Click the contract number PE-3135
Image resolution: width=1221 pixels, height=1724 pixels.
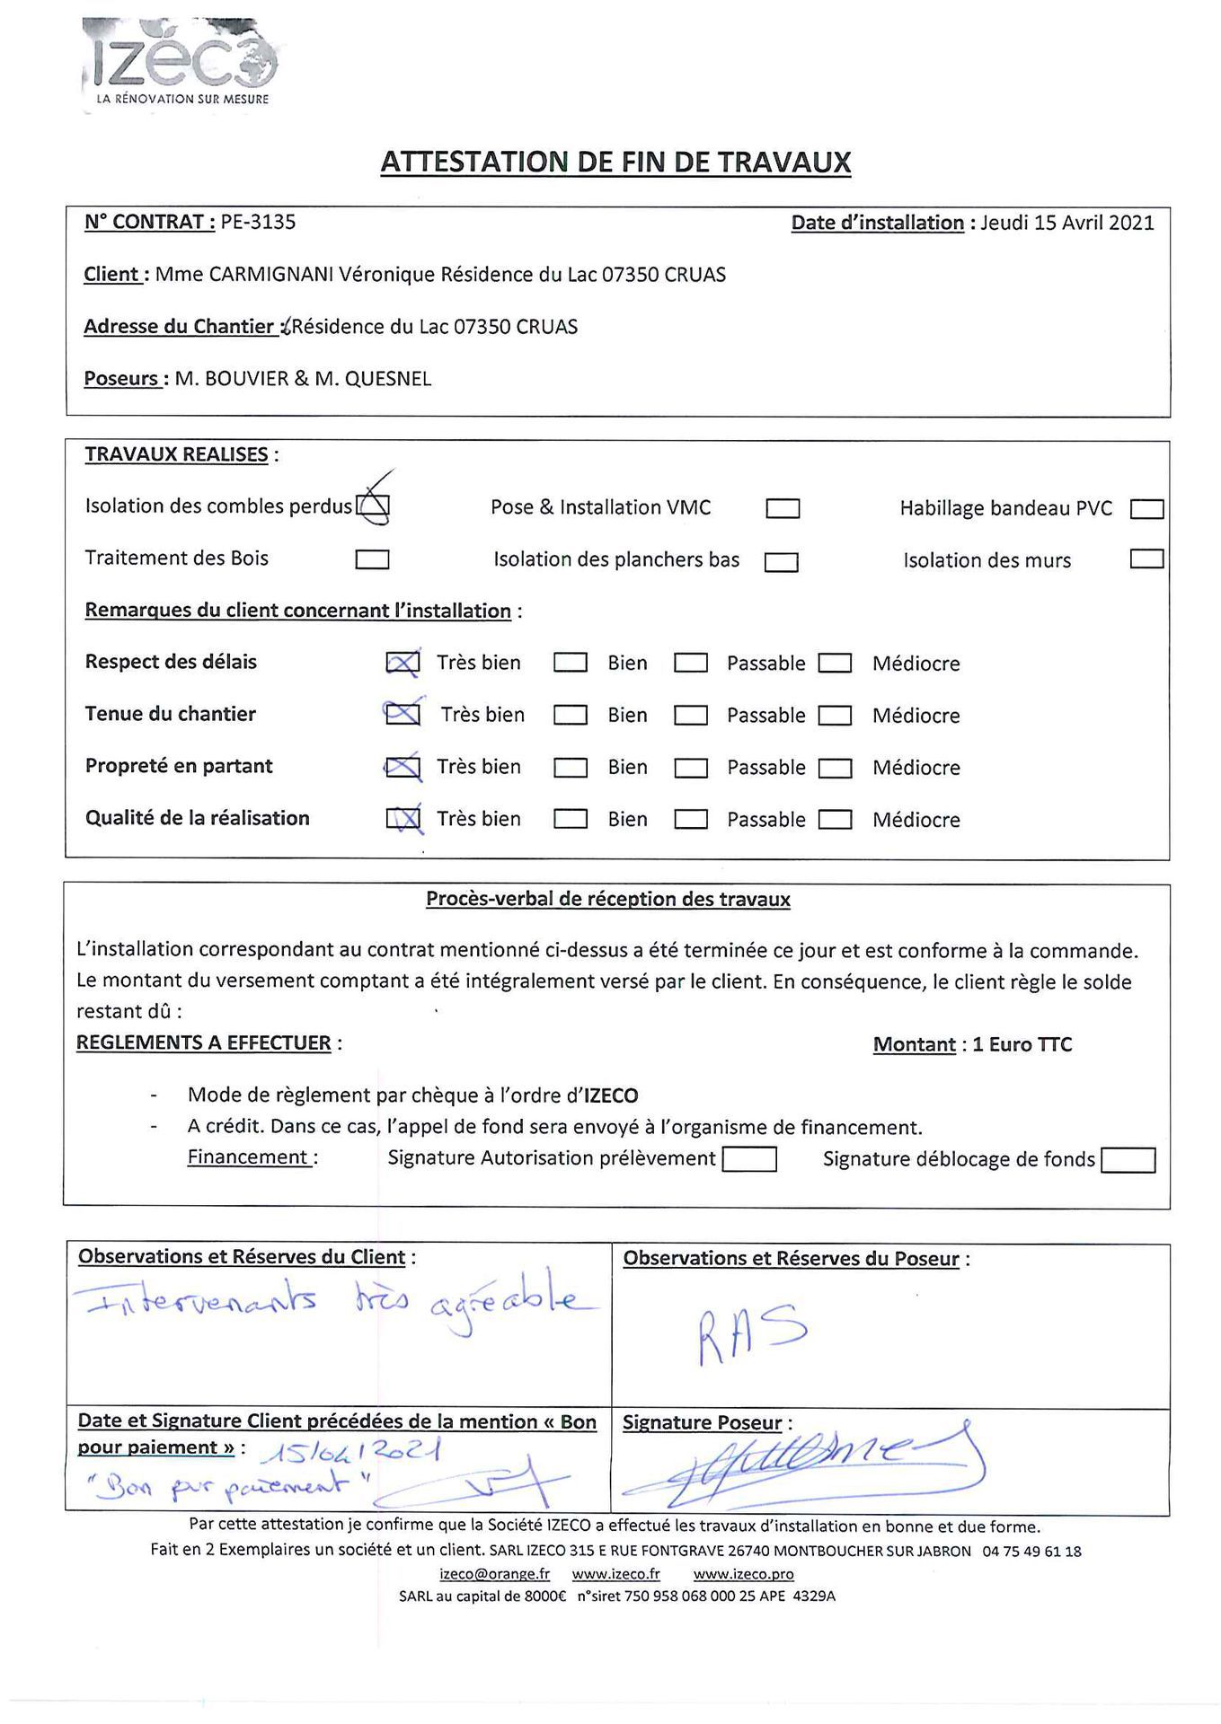coord(258,222)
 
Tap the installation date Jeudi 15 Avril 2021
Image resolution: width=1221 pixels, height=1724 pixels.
coord(1066,223)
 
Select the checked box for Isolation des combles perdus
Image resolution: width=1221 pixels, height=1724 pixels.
coord(373,508)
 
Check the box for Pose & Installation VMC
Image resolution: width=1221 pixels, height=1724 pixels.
coord(783,509)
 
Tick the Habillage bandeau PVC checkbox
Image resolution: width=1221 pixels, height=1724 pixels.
coord(1146,509)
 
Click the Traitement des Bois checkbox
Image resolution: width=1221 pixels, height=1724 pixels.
coord(372,559)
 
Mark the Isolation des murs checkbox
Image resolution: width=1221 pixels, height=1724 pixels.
coord(1146,559)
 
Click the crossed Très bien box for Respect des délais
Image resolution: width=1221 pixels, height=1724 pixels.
coord(403,663)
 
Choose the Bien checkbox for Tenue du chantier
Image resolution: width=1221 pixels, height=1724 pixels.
coord(571,716)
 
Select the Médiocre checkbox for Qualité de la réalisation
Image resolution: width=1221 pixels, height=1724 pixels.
coord(836,819)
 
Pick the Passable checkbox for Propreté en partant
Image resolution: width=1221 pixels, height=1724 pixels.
coord(691,768)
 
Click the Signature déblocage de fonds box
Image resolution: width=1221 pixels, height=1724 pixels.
coord(1128,1160)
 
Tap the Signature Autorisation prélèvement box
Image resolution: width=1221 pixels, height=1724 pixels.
coord(749,1159)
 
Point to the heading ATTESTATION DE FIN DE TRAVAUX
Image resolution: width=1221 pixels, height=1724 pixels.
coord(615,162)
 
